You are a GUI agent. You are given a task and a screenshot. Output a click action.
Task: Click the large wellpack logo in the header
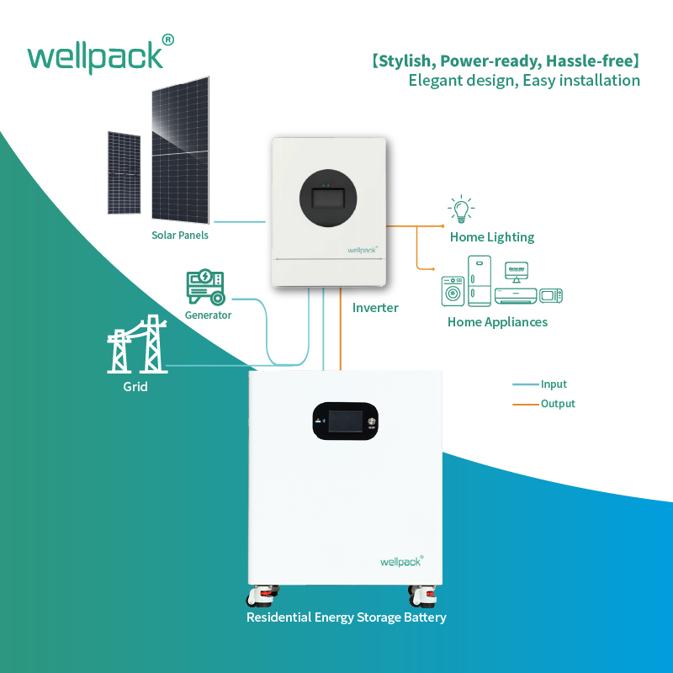tap(94, 56)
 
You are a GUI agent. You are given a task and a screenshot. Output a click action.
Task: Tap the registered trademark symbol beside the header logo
tap(167, 40)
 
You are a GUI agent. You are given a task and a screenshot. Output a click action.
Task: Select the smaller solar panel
tap(124, 172)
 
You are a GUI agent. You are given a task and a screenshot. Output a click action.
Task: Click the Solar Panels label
tap(180, 236)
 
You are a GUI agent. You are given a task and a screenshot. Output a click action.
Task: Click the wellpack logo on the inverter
tap(363, 249)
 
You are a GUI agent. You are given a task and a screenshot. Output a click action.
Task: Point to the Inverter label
tap(375, 308)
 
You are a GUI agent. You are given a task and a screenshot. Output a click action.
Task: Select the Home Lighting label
tap(492, 237)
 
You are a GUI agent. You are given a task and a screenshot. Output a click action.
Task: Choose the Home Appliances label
tap(497, 322)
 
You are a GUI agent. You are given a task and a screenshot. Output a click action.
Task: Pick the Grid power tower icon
tap(135, 344)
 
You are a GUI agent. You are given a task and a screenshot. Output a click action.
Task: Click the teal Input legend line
tap(525, 384)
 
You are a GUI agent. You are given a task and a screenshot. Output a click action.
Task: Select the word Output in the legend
tap(558, 404)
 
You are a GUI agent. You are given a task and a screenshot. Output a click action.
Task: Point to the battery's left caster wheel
tap(261, 596)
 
